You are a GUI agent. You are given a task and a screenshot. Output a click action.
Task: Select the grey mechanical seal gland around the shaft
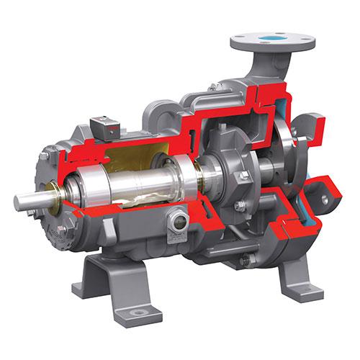point(230,180)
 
